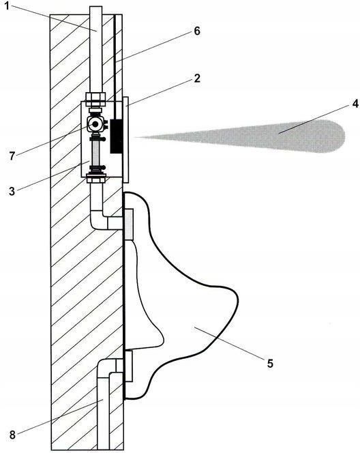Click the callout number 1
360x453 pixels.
[x=7, y=5]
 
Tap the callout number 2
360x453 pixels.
[x=197, y=78]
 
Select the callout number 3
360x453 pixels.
[x=12, y=191]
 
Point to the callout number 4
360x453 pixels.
[x=355, y=104]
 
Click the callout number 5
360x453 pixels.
[x=270, y=364]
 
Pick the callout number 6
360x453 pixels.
[x=197, y=31]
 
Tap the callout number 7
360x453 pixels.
[x=12, y=156]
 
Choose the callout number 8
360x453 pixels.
[x=12, y=435]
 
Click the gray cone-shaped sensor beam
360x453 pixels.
[x=239, y=136]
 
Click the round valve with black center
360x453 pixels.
[x=95, y=124]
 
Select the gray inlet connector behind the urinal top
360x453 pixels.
[x=128, y=224]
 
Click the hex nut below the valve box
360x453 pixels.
[x=97, y=179]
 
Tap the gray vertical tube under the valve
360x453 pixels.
[x=95, y=153]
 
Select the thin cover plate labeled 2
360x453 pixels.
[x=125, y=140]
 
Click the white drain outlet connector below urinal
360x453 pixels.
[x=128, y=366]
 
